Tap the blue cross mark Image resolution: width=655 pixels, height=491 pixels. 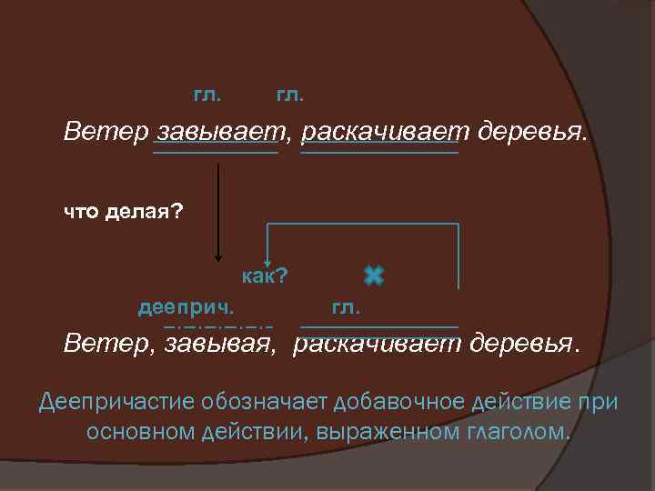click(373, 275)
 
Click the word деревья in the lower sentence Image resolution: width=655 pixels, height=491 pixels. click(524, 346)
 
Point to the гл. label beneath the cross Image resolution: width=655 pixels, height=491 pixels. click(347, 307)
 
